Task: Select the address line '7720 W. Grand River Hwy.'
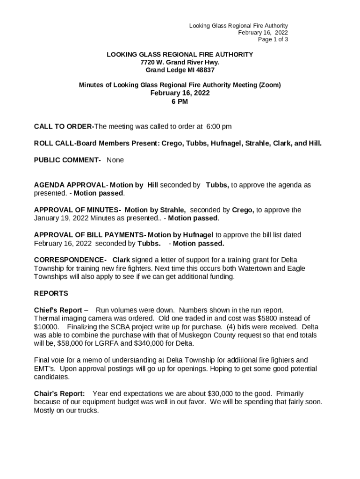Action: click(180, 62)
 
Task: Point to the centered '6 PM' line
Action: click(180, 102)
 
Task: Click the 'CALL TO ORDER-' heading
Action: click(64, 127)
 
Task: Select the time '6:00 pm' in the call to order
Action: click(219, 127)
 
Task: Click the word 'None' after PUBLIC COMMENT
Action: click(115, 160)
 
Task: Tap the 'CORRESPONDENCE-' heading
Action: click(70, 260)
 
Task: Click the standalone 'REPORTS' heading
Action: click(51, 294)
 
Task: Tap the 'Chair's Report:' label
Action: click(59, 394)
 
